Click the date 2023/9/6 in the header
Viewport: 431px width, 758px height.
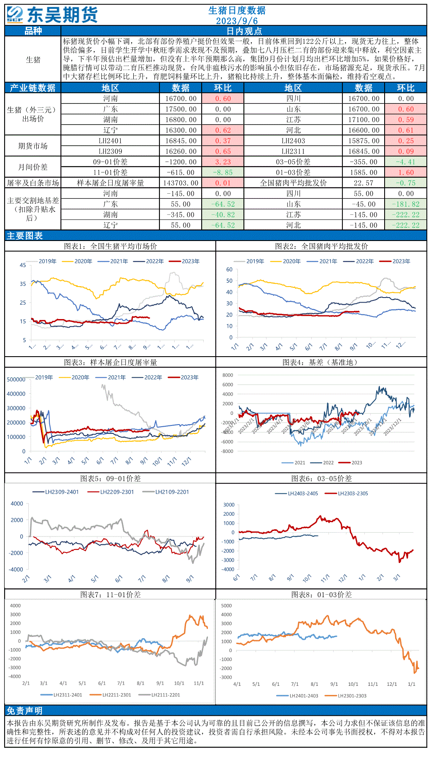click(237, 21)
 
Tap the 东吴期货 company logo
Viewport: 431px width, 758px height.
click(52, 15)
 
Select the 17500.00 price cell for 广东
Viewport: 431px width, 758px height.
click(180, 109)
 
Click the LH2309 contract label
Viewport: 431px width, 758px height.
click(110, 152)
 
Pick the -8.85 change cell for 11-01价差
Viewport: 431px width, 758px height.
click(223, 173)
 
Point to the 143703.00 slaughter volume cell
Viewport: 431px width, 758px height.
click(180, 183)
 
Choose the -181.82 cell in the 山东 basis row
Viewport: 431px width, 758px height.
click(405, 204)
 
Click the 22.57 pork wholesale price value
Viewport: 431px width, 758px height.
click(363, 183)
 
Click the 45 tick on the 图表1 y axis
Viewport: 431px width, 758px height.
click(23, 265)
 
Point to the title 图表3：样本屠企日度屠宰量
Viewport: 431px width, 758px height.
click(110, 363)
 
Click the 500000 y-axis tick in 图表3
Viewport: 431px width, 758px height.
click(16, 379)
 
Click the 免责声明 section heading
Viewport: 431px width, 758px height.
click(24, 711)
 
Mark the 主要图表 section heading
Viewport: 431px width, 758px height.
click(24, 236)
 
